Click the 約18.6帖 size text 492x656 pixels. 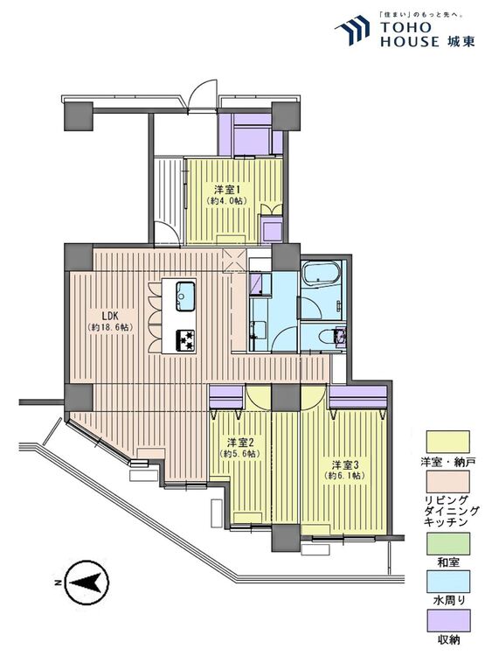[110, 328]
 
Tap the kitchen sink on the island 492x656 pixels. [185, 297]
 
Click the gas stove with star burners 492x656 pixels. [185, 340]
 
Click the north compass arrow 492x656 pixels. [87, 582]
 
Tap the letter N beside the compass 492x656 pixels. [56, 583]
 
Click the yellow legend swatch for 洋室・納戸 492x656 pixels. [447, 442]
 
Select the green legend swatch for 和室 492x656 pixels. [447, 543]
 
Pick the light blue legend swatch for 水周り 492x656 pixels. [447, 582]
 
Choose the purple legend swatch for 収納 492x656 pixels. [447, 620]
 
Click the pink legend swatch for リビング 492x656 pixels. [447, 482]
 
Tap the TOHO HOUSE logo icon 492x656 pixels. [352, 30]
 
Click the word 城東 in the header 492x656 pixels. [461, 41]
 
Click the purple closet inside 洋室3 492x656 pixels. [357, 397]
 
